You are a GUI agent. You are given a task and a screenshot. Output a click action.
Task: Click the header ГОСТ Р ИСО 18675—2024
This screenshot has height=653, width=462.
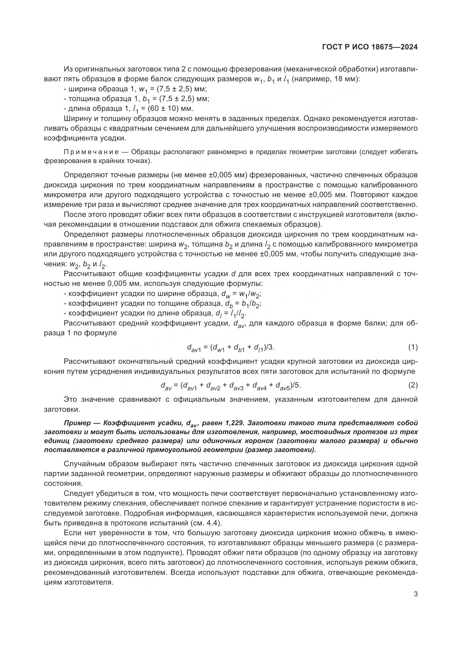click(x=370, y=47)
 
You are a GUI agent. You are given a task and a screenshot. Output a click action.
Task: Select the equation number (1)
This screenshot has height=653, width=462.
click(x=413, y=347)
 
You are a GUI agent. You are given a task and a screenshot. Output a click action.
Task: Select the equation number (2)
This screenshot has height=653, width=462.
click(x=413, y=385)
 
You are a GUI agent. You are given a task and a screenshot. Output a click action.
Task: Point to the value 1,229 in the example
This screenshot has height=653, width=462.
click(x=235, y=423)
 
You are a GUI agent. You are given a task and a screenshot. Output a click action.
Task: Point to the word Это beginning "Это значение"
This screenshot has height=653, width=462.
click(x=71, y=399)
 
